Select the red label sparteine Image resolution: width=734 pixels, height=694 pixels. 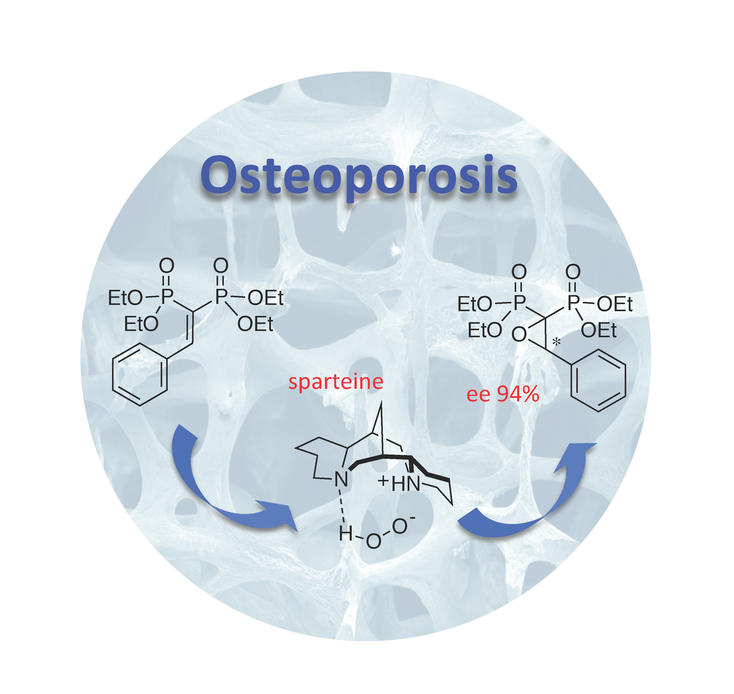pyautogui.click(x=335, y=382)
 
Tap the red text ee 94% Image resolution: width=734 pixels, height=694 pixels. pyautogui.click(x=503, y=394)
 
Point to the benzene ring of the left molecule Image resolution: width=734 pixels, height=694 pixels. pyautogui.click(x=140, y=375)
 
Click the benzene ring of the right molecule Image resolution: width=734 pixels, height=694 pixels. pyautogui.click(x=598, y=380)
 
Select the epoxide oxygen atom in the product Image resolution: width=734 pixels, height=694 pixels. pyautogui.click(x=519, y=334)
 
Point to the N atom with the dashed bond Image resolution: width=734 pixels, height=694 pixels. pyautogui.click(x=341, y=480)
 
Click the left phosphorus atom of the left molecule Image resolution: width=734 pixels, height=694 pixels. pyautogui.click(x=166, y=297)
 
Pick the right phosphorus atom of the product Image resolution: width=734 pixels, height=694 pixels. pyautogui.click(x=573, y=303)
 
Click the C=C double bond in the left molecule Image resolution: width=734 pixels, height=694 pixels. pyautogui.click(x=190, y=329)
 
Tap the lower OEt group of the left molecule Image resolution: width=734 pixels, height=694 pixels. pyautogui.click(x=255, y=325)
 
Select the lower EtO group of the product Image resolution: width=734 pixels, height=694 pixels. pyautogui.click(x=484, y=331)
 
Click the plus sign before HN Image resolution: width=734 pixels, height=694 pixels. pyautogui.click(x=383, y=482)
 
